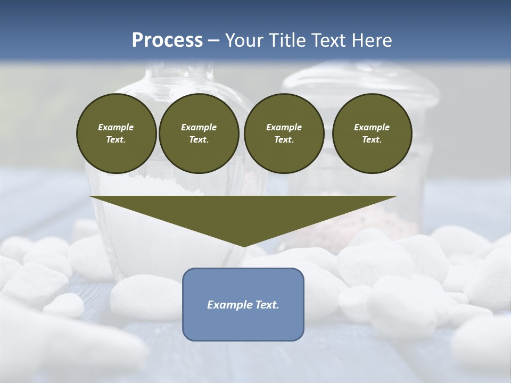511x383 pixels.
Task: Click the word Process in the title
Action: pos(167,40)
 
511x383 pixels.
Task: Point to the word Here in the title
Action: pos(371,40)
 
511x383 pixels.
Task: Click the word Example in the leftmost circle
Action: pos(116,127)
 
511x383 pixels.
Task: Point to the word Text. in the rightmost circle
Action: pos(372,140)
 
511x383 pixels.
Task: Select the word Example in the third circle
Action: pos(284,127)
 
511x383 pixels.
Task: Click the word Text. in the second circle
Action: pos(199,140)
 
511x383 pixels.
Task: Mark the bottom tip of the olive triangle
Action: pos(243,246)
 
